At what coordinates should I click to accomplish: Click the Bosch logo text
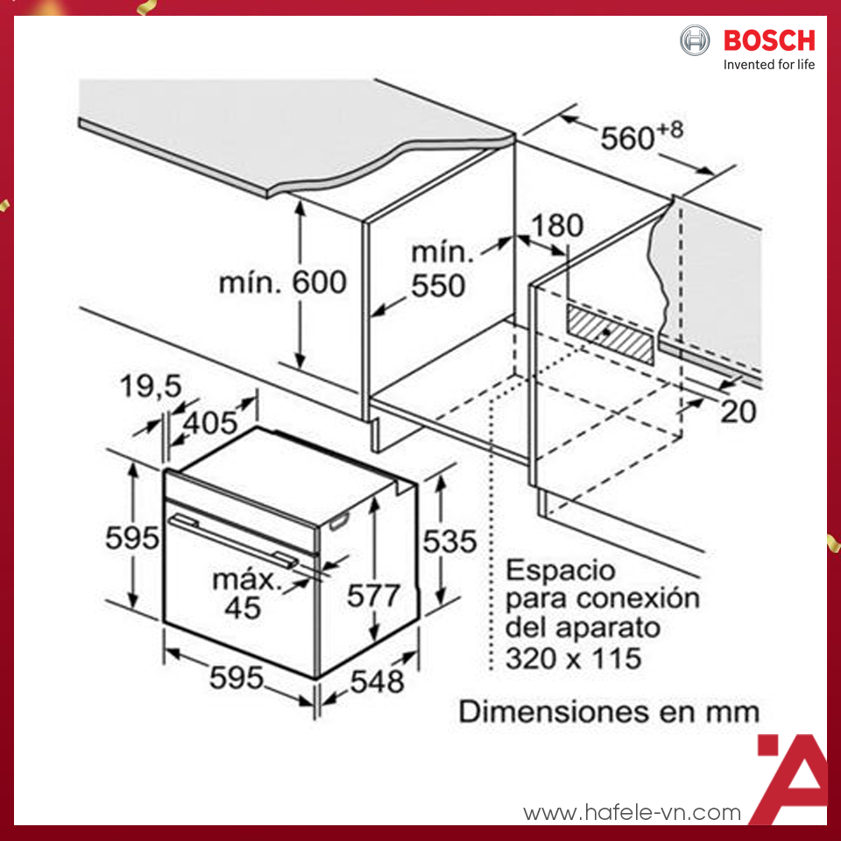coord(768,40)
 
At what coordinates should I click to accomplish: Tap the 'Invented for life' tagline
coord(768,65)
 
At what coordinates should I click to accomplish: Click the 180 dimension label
coord(558,225)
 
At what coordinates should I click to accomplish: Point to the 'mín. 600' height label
coord(283,282)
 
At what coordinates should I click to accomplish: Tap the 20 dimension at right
coord(737,411)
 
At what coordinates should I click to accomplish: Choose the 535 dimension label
coord(449,541)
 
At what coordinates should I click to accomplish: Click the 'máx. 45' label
coord(243,593)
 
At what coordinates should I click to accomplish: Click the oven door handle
coord(232,537)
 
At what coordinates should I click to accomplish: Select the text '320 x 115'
coord(572,657)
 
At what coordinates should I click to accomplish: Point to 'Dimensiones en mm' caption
coord(609,710)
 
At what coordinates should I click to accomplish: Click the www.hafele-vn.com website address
coord(632,813)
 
